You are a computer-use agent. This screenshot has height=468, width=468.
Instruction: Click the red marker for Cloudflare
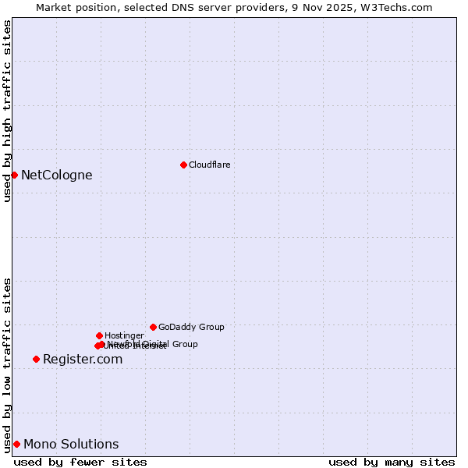click(183, 165)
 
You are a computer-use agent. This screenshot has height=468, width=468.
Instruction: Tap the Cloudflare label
click(209, 165)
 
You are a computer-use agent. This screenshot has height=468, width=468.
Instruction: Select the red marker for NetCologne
click(14, 175)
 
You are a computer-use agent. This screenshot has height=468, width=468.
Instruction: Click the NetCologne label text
click(56, 175)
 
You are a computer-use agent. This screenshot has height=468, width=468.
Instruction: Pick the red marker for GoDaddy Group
click(153, 327)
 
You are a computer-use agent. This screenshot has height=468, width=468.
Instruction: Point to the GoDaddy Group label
click(191, 327)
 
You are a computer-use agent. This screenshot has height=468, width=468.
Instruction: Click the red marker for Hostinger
click(99, 335)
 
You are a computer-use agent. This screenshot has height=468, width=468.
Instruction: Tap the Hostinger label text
click(124, 335)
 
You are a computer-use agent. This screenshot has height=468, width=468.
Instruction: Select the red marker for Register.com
click(36, 359)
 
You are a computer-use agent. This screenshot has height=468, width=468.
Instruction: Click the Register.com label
click(83, 359)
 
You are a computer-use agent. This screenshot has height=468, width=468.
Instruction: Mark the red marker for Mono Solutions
click(16, 444)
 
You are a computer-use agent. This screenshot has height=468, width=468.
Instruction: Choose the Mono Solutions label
click(71, 444)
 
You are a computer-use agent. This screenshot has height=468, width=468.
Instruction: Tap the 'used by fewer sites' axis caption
click(80, 462)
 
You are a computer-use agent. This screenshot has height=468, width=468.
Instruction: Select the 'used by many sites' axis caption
click(392, 462)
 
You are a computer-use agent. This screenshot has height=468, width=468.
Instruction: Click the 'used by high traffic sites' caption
click(7, 111)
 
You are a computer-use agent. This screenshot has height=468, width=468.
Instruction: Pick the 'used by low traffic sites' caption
click(7, 364)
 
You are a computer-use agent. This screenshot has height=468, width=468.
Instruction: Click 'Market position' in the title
click(73, 7)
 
